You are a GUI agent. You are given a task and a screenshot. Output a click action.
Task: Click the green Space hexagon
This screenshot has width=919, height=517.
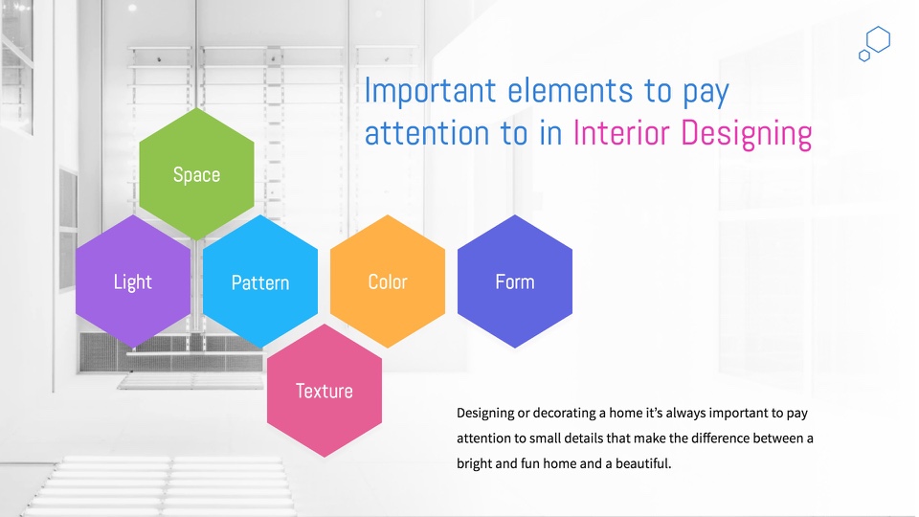(196, 174)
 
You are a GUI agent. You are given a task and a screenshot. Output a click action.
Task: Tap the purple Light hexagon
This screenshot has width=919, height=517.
(133, 281)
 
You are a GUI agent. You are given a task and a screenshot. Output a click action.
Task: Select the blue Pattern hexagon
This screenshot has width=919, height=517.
(260, 281)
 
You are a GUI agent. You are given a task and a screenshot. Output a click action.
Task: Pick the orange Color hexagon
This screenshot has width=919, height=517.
(388, 281)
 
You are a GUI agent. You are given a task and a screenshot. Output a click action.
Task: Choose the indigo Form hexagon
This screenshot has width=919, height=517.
(515, 281)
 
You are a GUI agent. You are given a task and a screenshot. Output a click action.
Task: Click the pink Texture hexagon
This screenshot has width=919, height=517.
(325, 391)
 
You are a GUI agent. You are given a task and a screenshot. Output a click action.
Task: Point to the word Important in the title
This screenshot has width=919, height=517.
(430, 90)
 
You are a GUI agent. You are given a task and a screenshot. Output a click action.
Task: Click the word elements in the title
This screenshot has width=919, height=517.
(570, 90)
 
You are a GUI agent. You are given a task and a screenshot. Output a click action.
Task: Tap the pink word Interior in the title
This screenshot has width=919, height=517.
(621, 132)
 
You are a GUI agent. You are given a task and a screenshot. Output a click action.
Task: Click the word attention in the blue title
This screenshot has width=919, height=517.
(427, 133)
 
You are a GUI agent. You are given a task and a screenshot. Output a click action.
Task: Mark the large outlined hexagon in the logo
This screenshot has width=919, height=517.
(878, 39)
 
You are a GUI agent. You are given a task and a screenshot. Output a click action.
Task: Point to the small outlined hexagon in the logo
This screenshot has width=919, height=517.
(863, 56)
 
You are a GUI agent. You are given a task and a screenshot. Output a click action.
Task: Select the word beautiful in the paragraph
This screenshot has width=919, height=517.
(642, 463)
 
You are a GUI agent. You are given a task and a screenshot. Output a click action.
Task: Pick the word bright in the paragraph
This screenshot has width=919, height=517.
(474, 463)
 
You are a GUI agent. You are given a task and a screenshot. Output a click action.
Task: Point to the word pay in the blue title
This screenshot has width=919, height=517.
(706, 93)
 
